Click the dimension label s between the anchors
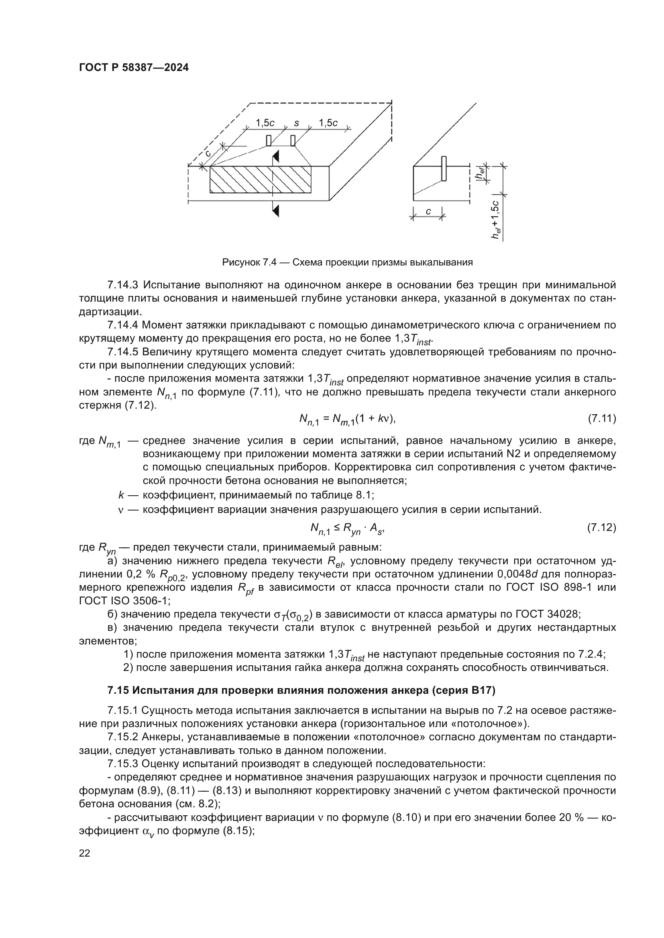coord(296,123)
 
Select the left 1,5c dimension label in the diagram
coord(265,123)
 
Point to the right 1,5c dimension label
coord(328,123)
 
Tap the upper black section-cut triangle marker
coord(276,156)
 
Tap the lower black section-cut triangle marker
coord(276,211)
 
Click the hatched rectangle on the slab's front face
coord(261,179)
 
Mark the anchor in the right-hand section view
coord(444,168)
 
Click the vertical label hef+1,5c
coord(496,220)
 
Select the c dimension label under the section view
coord(428,212)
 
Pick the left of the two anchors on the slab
coord(269,140)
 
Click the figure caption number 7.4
coord(269,262)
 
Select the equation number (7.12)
coord(601,528)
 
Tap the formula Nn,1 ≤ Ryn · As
coord(348,529)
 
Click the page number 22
coord(85,853)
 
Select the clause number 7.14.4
coord(122,325)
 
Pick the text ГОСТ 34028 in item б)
coord(548,614)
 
